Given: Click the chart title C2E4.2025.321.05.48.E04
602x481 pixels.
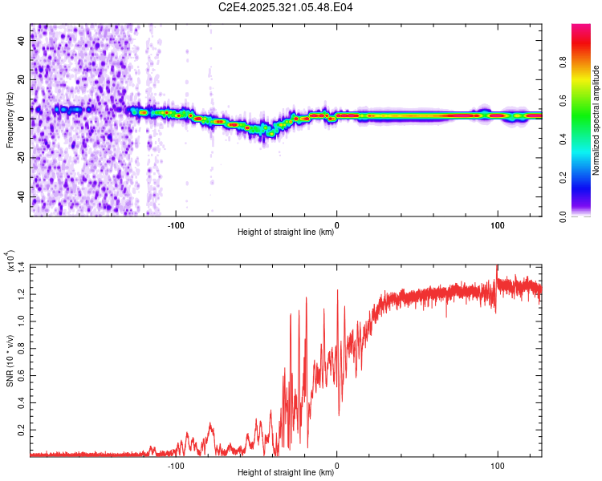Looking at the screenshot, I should click(287, 7).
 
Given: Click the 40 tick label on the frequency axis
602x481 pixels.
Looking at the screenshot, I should click(22, 42).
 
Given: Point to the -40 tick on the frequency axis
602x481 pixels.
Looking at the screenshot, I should click(22, 196).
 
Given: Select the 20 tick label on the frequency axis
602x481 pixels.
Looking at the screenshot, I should click(22, 80).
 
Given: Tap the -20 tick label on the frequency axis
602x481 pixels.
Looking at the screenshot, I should click(22, 158).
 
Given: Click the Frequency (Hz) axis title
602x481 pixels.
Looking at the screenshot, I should click(10, 120).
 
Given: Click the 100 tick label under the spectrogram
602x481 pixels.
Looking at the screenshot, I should click(497, 224).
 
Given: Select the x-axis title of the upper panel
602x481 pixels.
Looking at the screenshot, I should click(286, 232).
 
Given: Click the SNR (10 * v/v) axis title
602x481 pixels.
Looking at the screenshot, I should click(10, 361).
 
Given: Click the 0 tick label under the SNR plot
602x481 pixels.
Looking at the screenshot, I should click(336, 464).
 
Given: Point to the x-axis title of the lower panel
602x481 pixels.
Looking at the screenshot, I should click(286, 472).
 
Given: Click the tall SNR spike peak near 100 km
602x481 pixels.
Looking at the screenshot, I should click(498, 267).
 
